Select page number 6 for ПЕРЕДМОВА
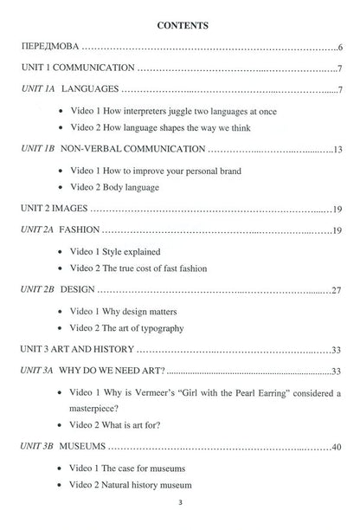point(342,45)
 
